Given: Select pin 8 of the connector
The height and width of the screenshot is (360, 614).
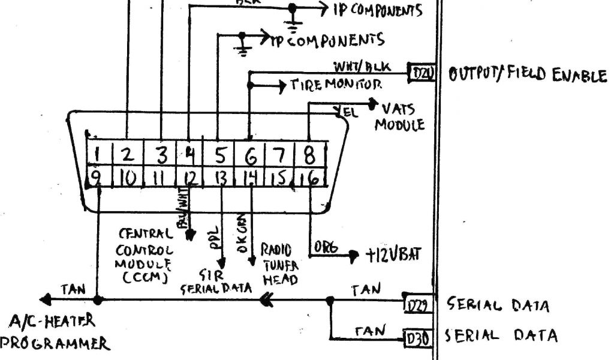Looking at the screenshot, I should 309,155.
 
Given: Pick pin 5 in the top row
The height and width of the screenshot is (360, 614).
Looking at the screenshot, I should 219,155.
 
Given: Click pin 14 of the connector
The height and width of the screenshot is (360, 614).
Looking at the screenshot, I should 251,179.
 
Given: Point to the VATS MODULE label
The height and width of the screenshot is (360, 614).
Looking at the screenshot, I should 399,116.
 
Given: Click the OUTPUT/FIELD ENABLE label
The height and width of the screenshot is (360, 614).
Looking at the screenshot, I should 526,75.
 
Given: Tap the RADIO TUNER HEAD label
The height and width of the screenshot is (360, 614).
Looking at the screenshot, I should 277,264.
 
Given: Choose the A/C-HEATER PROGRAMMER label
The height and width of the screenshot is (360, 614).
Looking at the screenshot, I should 54,332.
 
